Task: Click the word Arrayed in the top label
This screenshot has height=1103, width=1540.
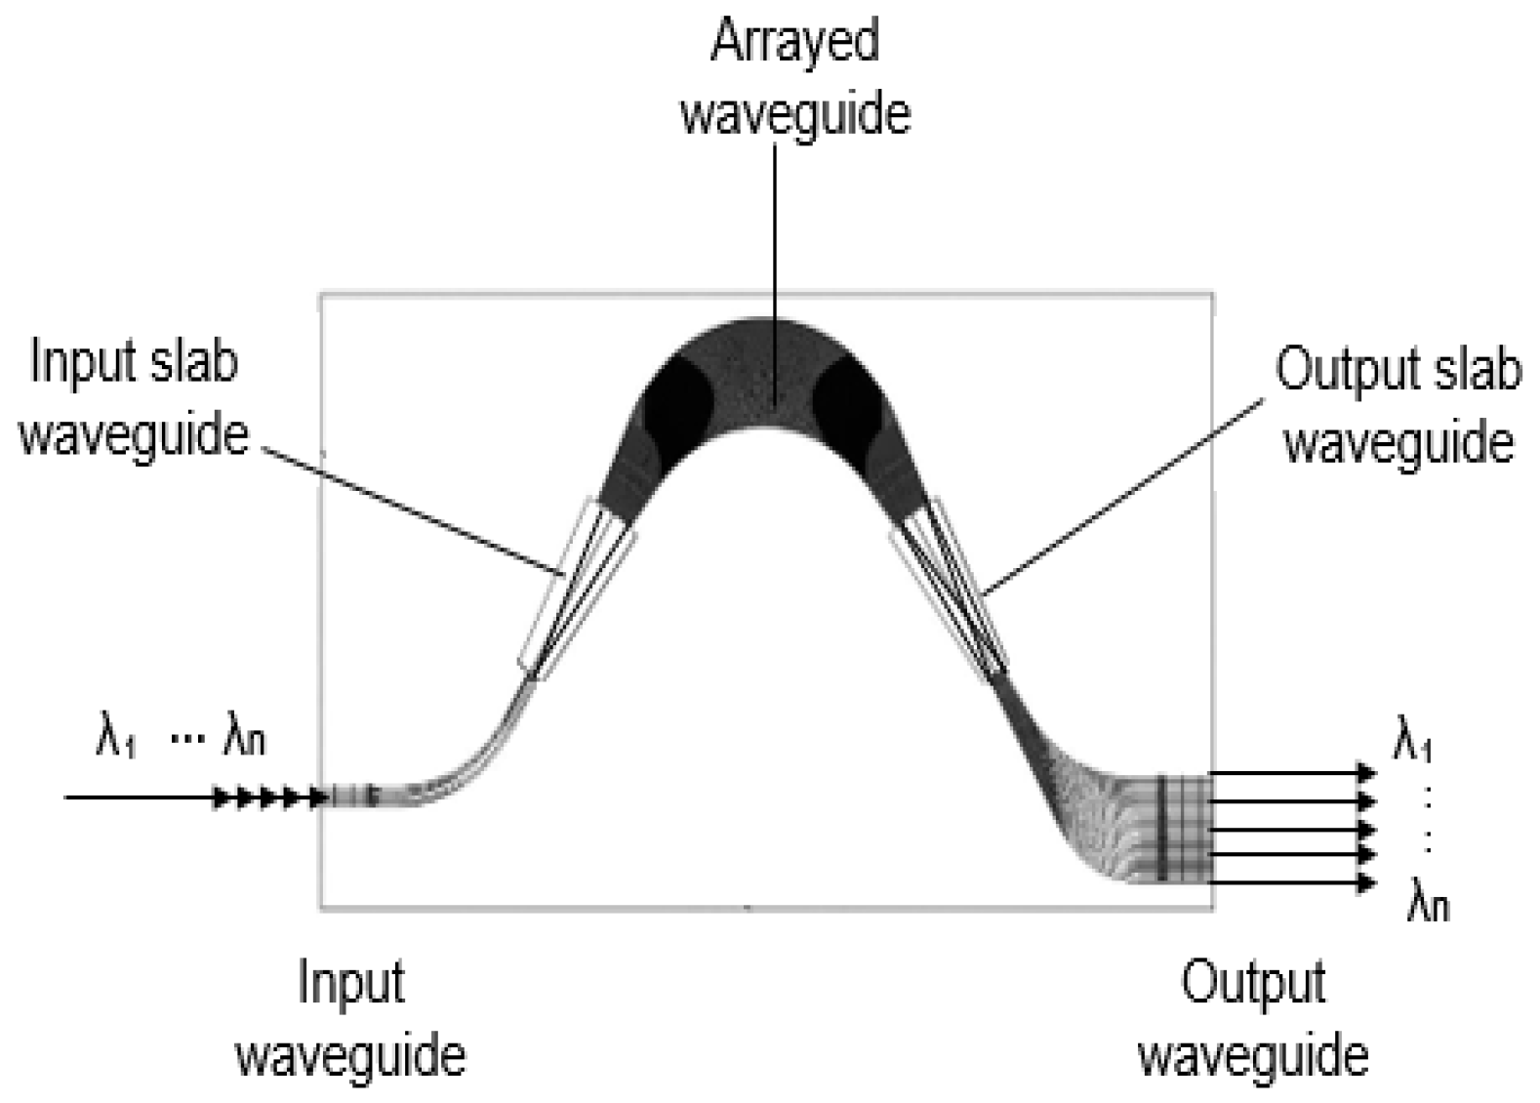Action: pyautogui.click(x=794, y=43)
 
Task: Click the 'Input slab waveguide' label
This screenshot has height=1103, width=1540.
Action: pyautogui.click(x=134, y=397)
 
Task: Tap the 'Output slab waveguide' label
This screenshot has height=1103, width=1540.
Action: pyautogui.click(x=1398, y=405)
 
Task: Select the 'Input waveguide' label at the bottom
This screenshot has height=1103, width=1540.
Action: pyautogui.click(x=351, y=1018)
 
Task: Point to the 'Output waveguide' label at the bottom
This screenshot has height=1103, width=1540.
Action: pyautogui.click(x=1253, y=1018)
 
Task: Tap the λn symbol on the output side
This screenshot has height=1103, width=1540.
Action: pyautogui.click(x=1427, y=902)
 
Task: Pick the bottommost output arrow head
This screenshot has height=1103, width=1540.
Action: pyautogui.click(x=1364, y=883)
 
